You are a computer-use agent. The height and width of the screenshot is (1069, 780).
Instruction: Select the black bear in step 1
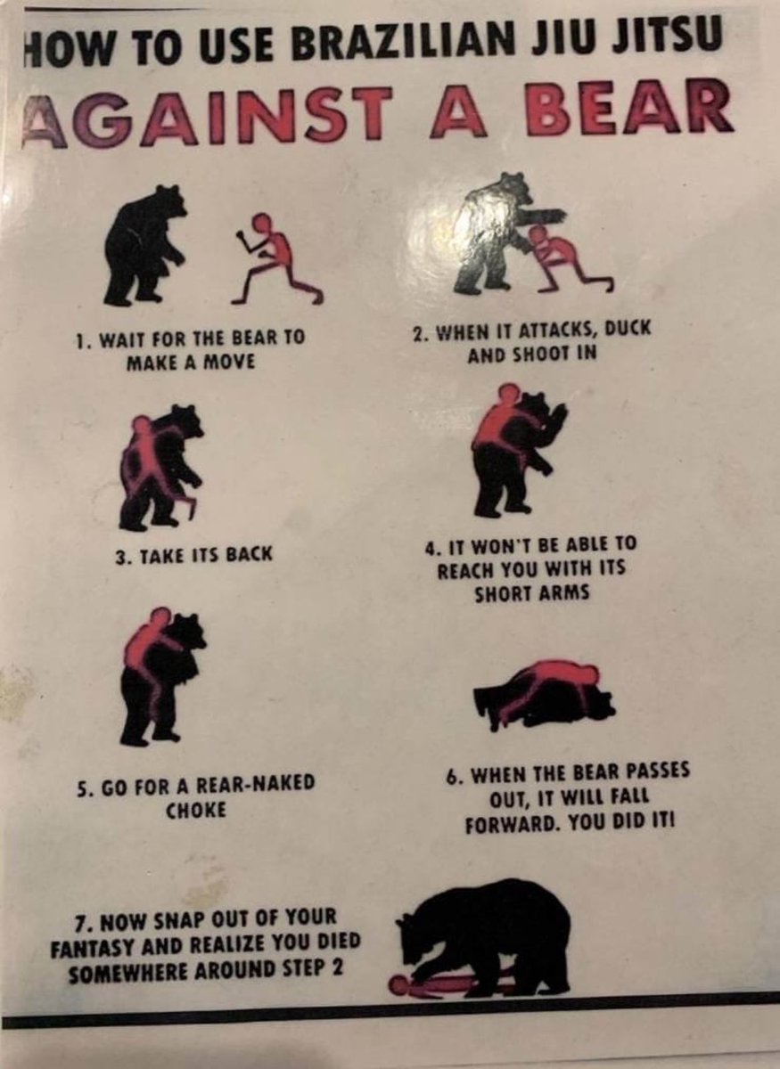(144, 245)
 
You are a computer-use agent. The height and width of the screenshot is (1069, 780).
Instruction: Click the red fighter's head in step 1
(261, 223)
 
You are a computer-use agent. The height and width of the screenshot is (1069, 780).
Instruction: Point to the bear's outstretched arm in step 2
(543, 216)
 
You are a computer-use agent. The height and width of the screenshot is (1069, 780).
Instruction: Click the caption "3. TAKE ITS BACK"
(194, 554)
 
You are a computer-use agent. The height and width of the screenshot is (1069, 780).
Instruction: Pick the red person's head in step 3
(142, 426)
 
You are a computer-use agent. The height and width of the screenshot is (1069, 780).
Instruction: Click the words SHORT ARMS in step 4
(531, 593)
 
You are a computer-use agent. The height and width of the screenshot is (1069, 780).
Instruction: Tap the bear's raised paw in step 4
(559, 417)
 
